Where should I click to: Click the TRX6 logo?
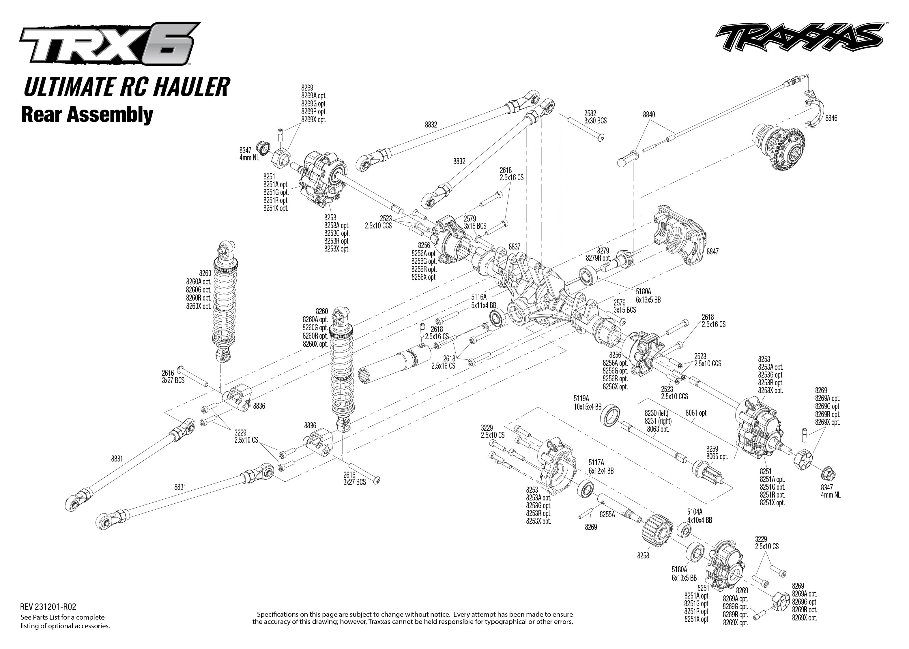tap(109, 43)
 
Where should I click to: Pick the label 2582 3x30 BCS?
tap(595, 117)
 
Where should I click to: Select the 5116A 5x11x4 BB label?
tap(483, 301)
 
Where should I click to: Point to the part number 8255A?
tap(607, 515)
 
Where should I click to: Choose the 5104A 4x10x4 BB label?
tap(699, 516)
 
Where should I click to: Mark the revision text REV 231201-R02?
tap(48, 607)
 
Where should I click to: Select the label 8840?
tap(649, 115)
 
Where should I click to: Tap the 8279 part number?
tap(603, 251)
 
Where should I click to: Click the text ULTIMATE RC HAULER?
tap(127, 87)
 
